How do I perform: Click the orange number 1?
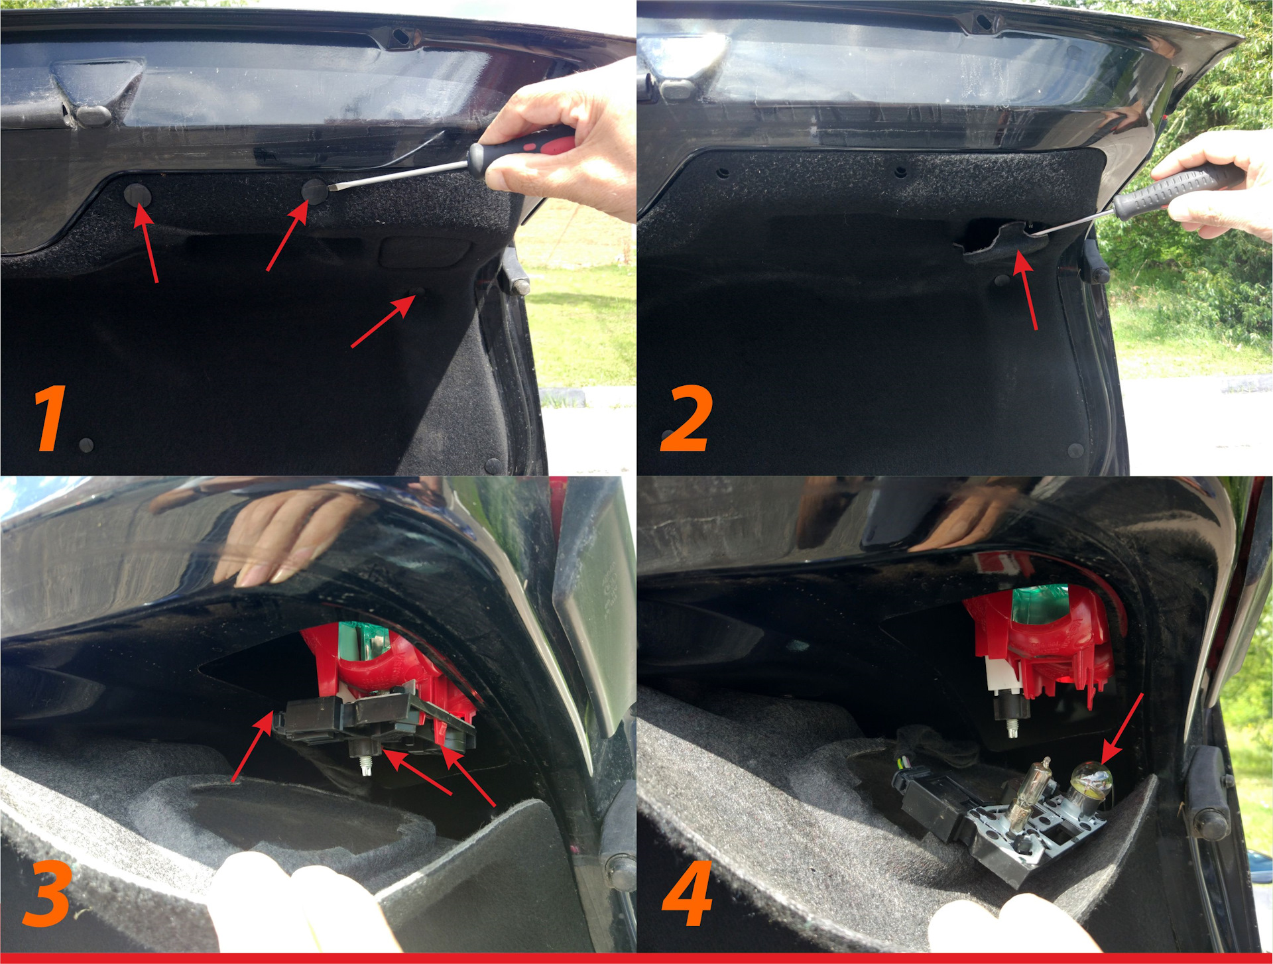coord(51,418)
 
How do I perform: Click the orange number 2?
coord(687,418)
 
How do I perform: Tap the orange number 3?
coord(46,895)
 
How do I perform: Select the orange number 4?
coord(688,894)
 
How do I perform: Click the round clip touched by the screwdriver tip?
coord(314,190)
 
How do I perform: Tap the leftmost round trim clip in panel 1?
coord(138,195)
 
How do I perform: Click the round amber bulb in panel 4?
coord(1091,783)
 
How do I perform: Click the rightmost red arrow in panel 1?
coord(383,321)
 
